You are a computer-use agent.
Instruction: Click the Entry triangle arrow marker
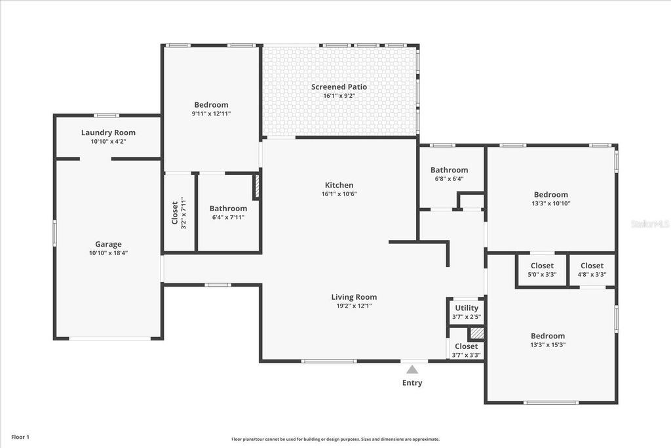[412, 370]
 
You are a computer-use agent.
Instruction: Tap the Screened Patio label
[339, 87]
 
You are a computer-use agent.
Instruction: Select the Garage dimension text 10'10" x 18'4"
[108, 253]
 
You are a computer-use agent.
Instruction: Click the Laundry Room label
[108, 132]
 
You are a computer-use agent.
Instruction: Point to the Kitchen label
[339, 185]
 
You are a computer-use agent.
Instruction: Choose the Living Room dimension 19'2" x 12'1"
[353, 306]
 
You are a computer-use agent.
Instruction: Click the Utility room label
[467, 308]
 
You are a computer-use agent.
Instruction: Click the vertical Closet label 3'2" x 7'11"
[179, 213]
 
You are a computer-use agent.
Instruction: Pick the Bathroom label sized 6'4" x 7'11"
[228, 209]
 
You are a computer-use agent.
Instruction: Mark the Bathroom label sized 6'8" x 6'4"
[449, 170]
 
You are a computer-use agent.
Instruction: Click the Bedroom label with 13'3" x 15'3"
[548, 336]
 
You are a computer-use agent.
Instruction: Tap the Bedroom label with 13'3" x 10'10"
[550, 194]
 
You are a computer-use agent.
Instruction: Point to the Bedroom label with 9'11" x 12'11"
[211, 105]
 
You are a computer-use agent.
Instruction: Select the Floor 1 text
[20, 437]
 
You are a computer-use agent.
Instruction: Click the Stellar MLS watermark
[649, 224]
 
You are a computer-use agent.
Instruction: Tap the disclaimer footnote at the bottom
[335, 439]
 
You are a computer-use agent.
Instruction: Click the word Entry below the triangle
[412, 383]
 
